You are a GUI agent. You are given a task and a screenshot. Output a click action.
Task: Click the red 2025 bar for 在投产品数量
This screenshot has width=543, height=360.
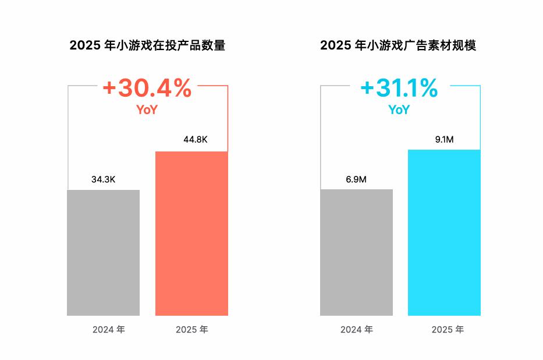[191, 234]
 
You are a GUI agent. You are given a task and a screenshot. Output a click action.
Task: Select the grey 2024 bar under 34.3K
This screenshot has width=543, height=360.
[103, 253]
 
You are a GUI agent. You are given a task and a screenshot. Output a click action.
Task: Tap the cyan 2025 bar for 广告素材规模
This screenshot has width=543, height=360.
[444, 232]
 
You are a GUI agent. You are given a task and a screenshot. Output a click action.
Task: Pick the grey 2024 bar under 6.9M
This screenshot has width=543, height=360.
[356, 252]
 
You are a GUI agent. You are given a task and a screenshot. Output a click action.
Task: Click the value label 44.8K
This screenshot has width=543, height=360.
[196, 139]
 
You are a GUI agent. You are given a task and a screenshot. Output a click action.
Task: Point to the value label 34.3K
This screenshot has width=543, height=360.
[103, 179]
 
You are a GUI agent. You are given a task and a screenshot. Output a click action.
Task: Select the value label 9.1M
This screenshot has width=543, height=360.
[444, 139]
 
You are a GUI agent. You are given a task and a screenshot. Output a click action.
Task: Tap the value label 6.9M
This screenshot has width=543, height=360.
[356, 179]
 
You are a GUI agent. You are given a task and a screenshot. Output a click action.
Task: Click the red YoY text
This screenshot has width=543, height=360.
[147, 110]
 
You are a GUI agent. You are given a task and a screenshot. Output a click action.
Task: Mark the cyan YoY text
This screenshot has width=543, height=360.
[399, 110]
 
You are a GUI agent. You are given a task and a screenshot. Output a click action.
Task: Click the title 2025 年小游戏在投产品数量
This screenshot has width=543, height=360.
[147, 45]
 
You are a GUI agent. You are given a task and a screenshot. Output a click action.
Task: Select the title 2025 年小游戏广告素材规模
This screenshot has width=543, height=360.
[398, 45]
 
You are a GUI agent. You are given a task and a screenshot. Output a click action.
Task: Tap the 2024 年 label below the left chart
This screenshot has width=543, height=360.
[109, 329]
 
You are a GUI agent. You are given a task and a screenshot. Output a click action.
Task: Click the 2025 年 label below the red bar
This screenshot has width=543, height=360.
[192, 329]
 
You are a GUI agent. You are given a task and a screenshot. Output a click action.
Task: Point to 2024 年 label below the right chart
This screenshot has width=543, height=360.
[357, 329]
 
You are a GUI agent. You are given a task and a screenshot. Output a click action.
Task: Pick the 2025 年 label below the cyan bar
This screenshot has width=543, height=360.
[448, 329]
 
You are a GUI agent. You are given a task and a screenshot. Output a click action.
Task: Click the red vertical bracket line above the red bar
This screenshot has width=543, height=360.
[228, 118]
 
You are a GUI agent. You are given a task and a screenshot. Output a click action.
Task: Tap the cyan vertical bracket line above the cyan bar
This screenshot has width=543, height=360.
[480, 118]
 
